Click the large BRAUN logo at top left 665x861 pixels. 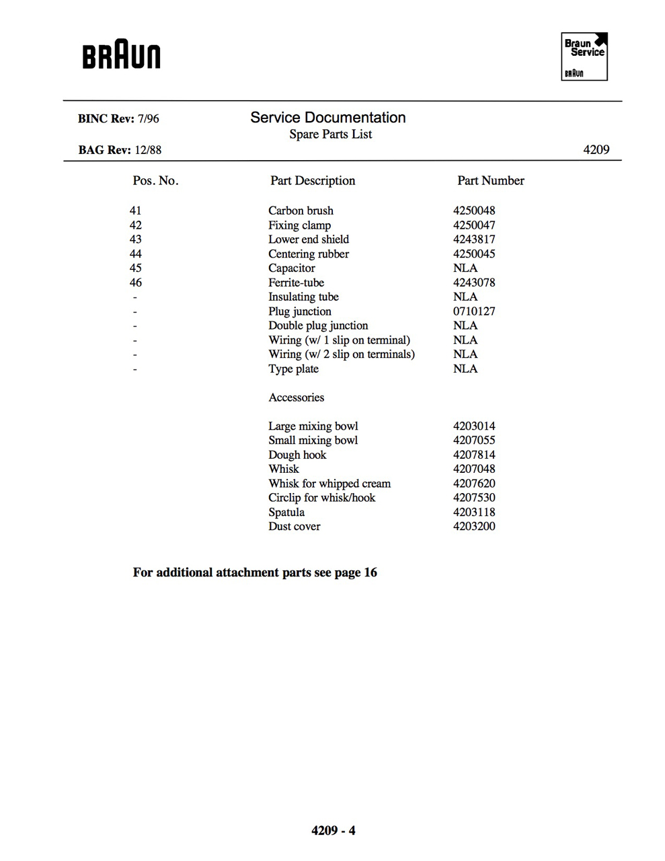coord(122,57)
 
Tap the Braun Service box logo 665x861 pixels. coord(584,57)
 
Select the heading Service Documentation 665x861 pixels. coord(327,118)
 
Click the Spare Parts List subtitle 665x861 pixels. coord(330,135)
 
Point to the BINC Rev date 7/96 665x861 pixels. coord(149,119)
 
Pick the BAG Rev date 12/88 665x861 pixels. coord(148,150)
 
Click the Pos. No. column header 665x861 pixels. coord(155,181)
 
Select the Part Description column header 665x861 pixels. coord(313,181)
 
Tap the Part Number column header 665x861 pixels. coord(490,181)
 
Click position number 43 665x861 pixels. coord(136,239)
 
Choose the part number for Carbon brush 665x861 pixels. coord(474,211)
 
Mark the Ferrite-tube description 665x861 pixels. coord(296,283)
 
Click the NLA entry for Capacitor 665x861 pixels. coord(465,268)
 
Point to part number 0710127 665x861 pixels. coord(474,311)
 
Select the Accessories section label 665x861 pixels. coord(296,398)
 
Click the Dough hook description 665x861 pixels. coord(297,455)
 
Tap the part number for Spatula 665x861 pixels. coord(474,513)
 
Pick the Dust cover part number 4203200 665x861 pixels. coord(474,527)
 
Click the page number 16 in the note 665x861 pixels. coord(370,572)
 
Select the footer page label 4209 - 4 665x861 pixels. coord(333,831)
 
